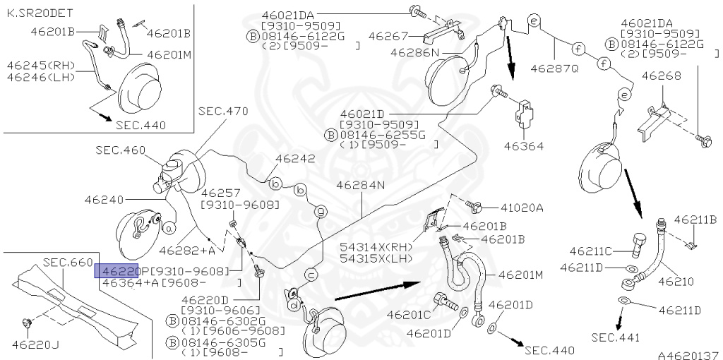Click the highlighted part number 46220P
119,270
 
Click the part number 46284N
360,186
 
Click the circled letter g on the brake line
320,211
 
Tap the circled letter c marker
311,275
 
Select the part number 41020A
522,208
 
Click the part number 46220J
35,344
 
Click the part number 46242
296,160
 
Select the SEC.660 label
68,262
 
